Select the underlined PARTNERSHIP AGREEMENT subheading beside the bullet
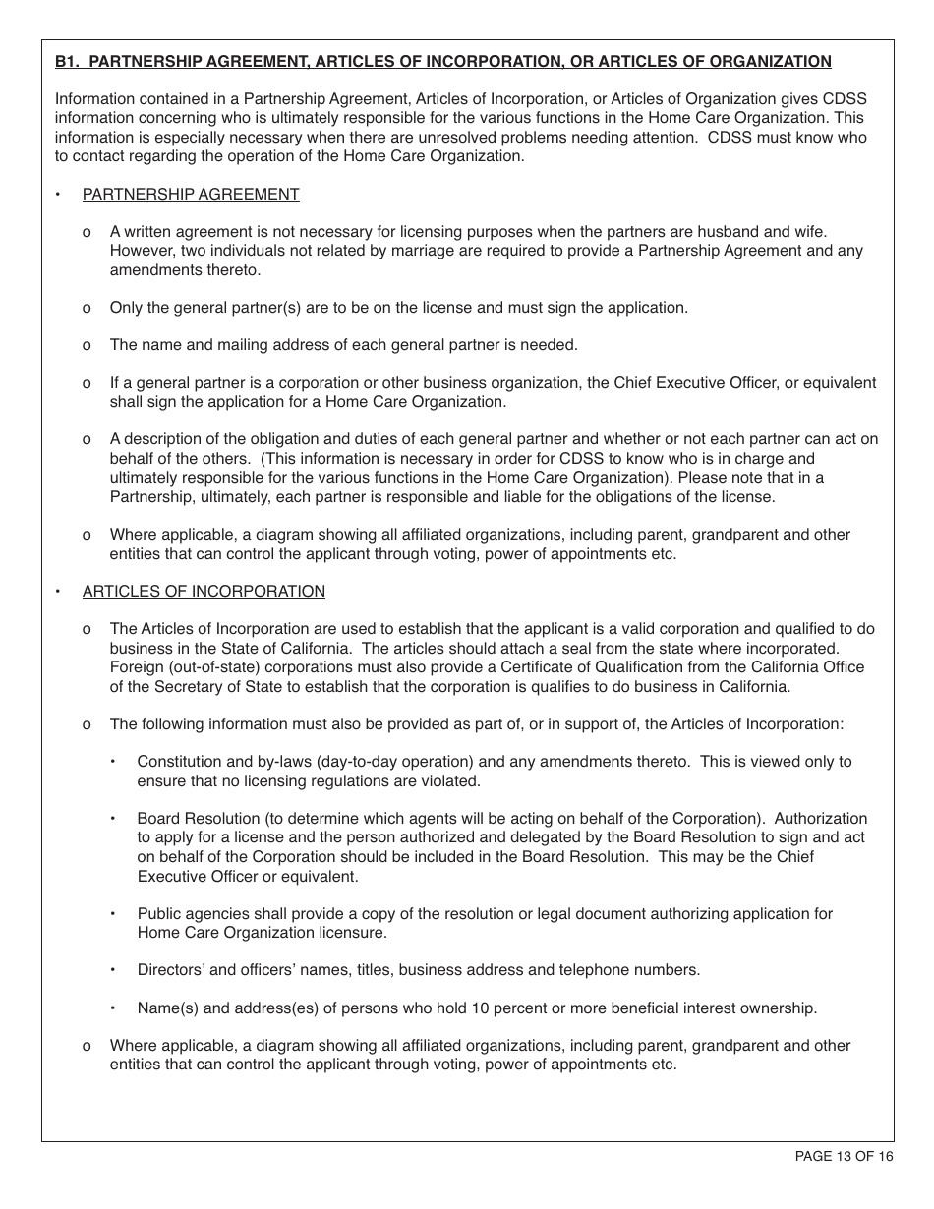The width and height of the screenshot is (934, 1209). [x=191, y=195]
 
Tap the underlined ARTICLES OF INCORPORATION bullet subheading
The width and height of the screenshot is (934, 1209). [x=204, y=592]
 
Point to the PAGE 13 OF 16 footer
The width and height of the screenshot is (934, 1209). [x=844, y=1156]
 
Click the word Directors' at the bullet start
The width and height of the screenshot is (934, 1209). [x=171, y=970]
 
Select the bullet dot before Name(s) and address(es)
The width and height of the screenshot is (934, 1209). [x=113, y=1007]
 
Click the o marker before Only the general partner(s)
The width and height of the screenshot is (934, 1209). [x=88, y=308]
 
